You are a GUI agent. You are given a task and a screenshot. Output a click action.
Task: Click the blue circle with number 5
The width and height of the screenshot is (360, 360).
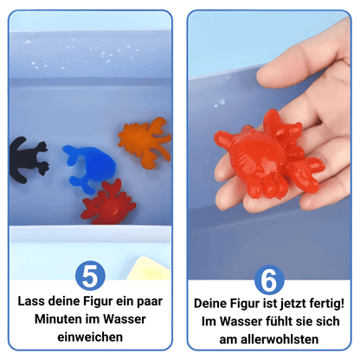coord(91,275)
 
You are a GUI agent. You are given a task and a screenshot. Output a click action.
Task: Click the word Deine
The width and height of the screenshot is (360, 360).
coord(212,305)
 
